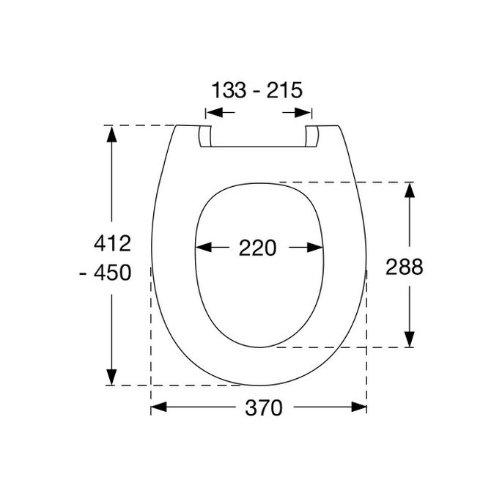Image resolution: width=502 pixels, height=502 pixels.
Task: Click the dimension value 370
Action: tap(258, 408)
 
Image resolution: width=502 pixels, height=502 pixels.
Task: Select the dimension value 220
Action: tap(258, 248)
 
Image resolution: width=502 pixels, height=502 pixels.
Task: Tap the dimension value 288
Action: tap(405, 267)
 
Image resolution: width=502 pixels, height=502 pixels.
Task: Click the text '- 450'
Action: tap(106, 273)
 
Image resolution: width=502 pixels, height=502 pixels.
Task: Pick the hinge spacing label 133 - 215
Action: tap(257, 91)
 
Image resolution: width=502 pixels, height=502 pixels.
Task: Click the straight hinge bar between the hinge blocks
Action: tap(258, 147)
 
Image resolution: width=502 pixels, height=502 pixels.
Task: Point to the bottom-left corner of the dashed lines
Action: tap(151, 385)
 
